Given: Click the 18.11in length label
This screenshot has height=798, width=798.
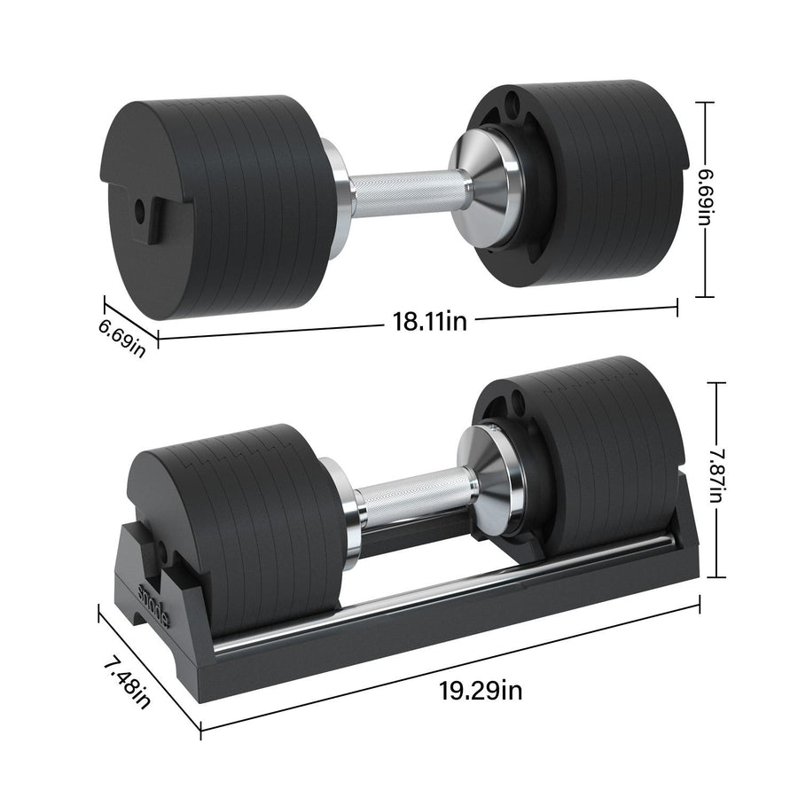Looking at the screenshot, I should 429,322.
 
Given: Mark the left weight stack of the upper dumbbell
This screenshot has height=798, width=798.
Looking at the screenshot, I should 222,204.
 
